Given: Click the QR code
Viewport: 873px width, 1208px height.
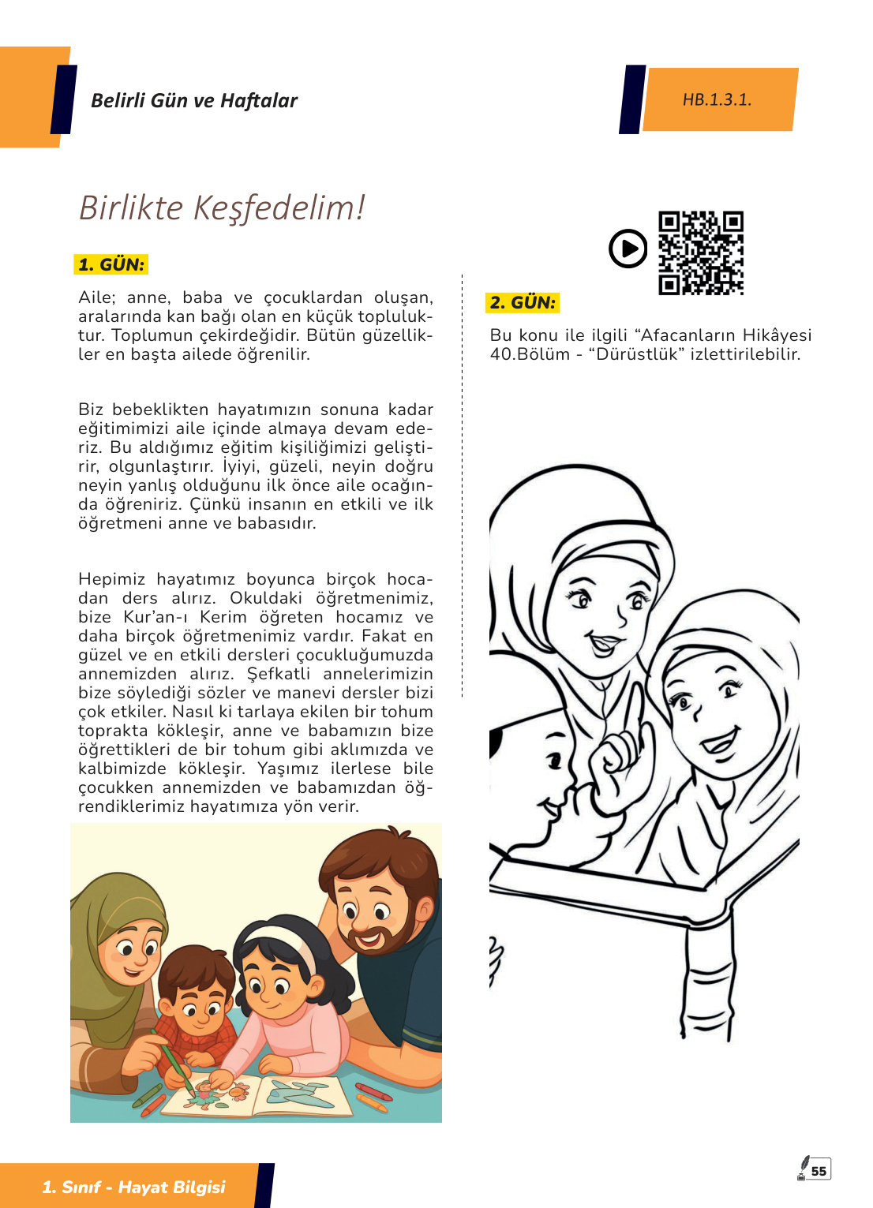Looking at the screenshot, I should click(x=701, y=252).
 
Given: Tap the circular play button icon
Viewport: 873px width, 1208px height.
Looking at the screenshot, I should click(x=628, y=249).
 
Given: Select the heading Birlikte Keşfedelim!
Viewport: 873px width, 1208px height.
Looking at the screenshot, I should click(x=222, y=208).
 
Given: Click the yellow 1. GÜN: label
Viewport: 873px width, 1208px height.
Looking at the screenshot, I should click(x=111, y=264).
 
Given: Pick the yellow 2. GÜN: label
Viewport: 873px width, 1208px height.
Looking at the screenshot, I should click(x=523, y=302).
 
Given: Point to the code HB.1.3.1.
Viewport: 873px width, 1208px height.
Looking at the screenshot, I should click(x=717, y=99).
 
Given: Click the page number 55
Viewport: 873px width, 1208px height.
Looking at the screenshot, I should click(x=819, y=1171).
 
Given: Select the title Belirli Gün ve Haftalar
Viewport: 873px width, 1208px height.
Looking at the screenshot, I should click(x=194, y=101).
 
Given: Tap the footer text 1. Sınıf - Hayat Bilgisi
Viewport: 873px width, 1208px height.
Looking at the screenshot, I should click(x=133, y=1187).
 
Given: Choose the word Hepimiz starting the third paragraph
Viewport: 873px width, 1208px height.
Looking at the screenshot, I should click(x=111, y=580).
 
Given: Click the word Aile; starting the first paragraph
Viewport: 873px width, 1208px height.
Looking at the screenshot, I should click(x=97, y=297).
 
